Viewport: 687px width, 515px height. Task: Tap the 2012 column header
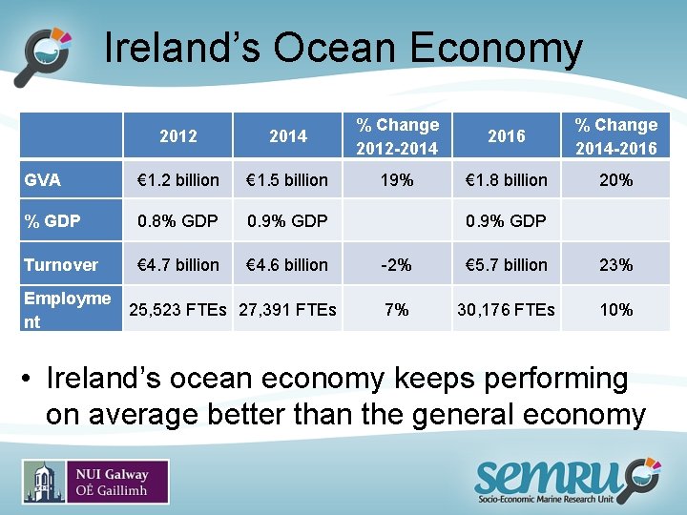178,136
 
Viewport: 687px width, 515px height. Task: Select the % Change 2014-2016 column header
615,136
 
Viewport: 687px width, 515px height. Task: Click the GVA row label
42,179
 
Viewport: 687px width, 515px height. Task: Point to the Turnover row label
61,265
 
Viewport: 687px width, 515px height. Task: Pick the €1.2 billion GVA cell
178,179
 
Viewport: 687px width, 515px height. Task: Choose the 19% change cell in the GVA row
397,179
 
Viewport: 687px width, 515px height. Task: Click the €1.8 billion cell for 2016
506,179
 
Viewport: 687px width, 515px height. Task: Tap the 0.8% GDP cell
178,221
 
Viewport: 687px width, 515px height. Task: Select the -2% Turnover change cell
397,265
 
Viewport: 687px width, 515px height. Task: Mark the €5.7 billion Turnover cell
506,265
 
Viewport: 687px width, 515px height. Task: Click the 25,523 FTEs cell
178,310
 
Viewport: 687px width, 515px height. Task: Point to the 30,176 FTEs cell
506,310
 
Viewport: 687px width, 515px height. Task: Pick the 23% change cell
615,265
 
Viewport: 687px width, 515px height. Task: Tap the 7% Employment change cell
397,310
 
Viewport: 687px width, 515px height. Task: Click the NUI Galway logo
95,482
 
